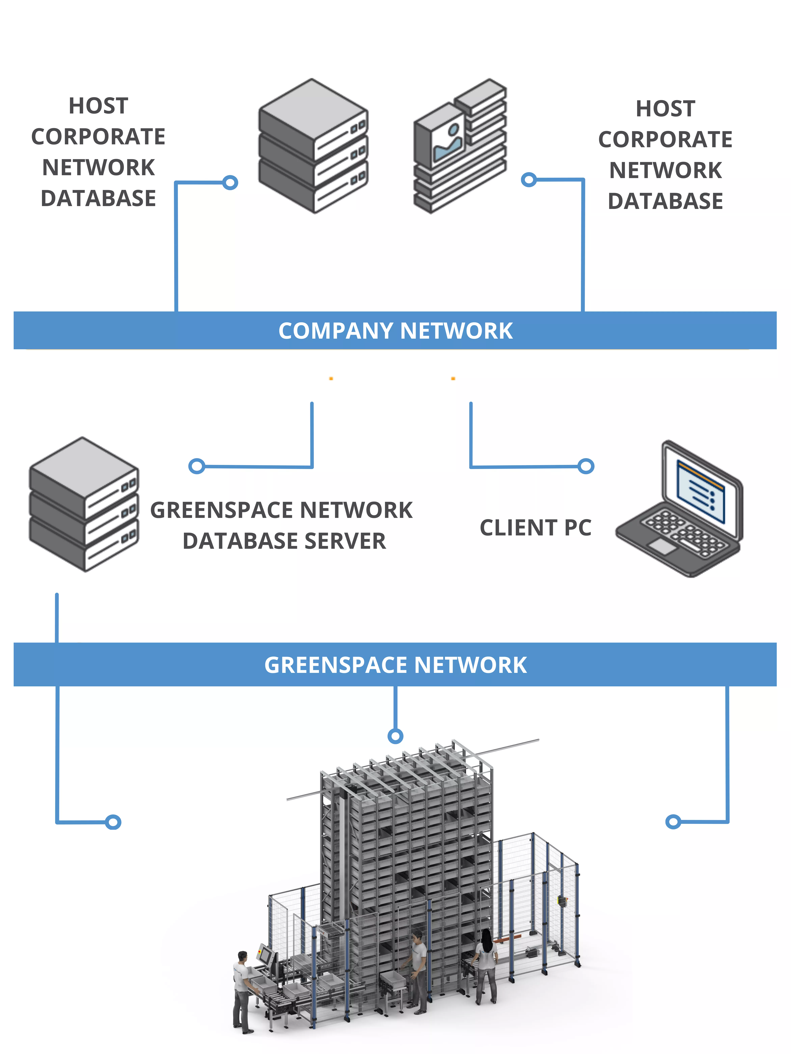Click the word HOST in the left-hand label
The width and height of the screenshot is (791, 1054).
[98, 106]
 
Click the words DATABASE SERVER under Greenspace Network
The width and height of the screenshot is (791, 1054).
[284, 541]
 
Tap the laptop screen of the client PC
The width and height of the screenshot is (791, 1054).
[701, 493]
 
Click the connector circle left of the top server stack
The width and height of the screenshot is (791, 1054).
[230, 182]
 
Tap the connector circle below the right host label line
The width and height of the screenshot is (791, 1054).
[528, 180]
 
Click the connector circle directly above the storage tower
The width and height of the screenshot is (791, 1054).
[395, 736]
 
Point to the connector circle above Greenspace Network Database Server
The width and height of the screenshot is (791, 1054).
[196, 466]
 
